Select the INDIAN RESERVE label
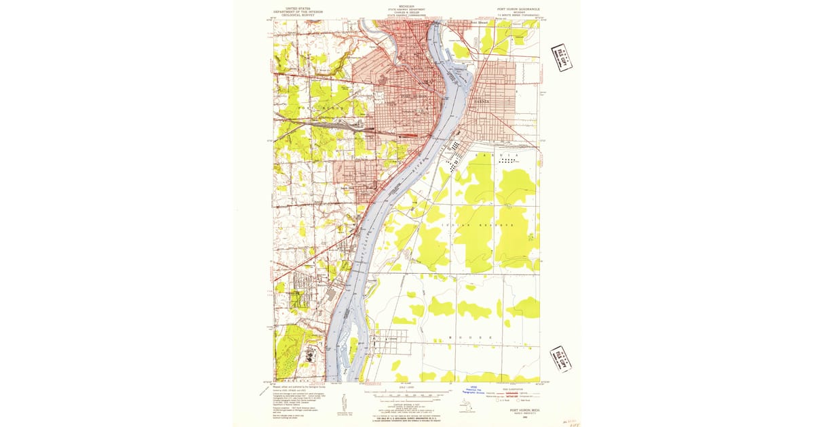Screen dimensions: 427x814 476,223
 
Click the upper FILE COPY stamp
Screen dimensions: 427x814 562,58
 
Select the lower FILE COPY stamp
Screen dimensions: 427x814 561,359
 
